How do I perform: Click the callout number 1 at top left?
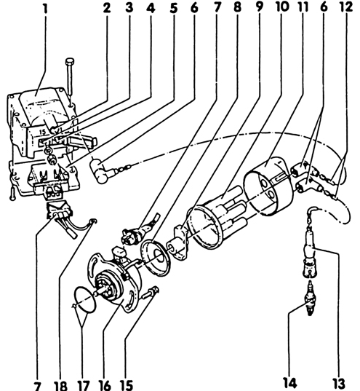45,8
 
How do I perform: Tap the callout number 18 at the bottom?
60,385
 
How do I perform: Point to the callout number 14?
290,384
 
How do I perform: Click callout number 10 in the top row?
282,7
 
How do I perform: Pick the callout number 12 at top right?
347,7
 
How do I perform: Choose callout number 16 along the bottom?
105,385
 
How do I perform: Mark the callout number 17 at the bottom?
83,385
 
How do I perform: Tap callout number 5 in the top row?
174,8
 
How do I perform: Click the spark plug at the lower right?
310,298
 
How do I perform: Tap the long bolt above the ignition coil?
70,78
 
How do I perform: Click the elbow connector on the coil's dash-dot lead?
100,171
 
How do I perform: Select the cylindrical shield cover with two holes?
268,186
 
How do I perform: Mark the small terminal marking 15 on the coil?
43,132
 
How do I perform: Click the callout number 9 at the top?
260,7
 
